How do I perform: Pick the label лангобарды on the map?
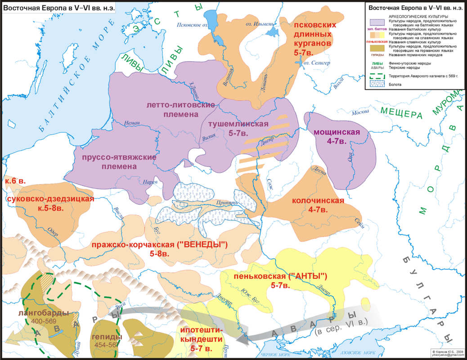(x=44, y=313)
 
